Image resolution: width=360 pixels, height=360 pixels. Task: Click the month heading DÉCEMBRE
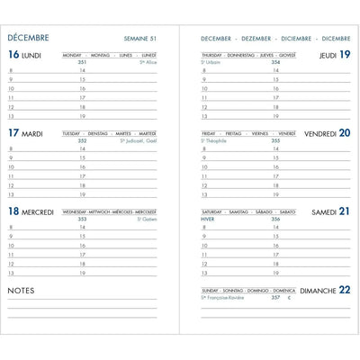pyautogui.click(x=28, y=38)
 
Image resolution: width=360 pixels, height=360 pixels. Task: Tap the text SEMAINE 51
pyautogui.click(x=139, y=39)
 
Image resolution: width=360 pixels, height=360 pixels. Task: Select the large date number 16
pyautogui.click(x=13, y=55)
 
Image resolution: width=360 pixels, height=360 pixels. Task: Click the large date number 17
pyautogui.click(x=13, y=133)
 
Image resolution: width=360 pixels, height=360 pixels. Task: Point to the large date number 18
pyautogui.click(x=13, y=211)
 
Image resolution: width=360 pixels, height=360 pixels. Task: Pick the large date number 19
pyautogui.click(x=345, y=55)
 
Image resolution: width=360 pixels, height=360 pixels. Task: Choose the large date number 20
pyautogui.click(x=345, y=133)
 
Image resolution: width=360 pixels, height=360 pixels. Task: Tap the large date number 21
pyautogui.click(x=345, y=211)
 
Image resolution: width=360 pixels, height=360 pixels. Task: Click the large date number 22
pyautogui.click(x=345, y=290)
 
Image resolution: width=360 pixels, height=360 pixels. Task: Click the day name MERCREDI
pyautogui.click(x=38, y=212)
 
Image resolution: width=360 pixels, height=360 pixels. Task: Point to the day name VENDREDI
pyautogui.click(x=320, y=134)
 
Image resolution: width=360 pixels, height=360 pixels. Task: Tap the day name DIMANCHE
pyautogui.click(x=319, y=291)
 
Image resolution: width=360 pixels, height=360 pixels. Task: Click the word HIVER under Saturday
pyautogui.click(x=209, y=219)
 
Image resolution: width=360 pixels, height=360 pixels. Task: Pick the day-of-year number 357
pyautogui.click(x=276, y=297)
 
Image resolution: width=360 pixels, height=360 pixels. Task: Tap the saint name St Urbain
pyautogui.click(x=212, y=62)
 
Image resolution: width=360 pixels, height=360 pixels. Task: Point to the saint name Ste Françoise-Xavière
pyautogui.click(x=224, y=297)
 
